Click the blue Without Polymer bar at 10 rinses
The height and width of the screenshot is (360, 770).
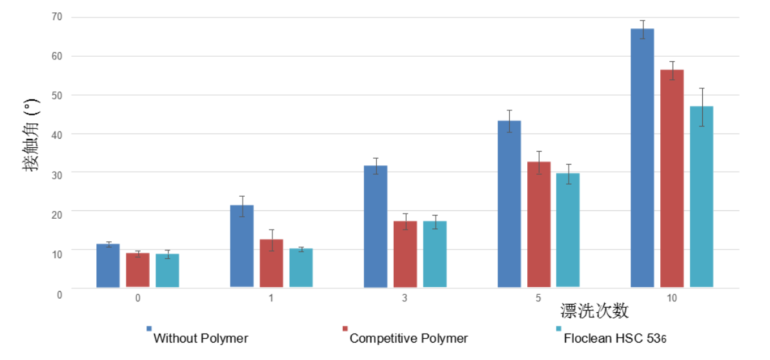tap(642, 158)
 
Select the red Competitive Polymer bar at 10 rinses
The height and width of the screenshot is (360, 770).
tap(672, 178)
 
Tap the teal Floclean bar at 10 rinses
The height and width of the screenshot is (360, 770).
tap(702, 197)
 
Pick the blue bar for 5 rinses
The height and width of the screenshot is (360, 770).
tap(509, 204)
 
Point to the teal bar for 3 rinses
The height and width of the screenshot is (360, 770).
tap(435, 254)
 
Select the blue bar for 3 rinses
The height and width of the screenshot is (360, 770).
tap(376, 226)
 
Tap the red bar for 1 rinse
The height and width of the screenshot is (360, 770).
tap(272, 263)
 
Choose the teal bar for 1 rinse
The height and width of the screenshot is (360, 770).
tap(301, 268)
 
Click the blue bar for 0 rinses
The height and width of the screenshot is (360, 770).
tap(108, 265)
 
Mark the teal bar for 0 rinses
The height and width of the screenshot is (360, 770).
tap(167, 270)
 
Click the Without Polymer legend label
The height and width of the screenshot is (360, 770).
tap(201, 338)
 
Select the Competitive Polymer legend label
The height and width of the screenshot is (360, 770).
tap(409, 338)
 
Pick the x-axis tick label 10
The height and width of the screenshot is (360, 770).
tap(672, 298)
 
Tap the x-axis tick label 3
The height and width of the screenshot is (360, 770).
tap(405, 298)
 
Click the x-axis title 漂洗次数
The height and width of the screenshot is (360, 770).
tap(594, 311)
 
